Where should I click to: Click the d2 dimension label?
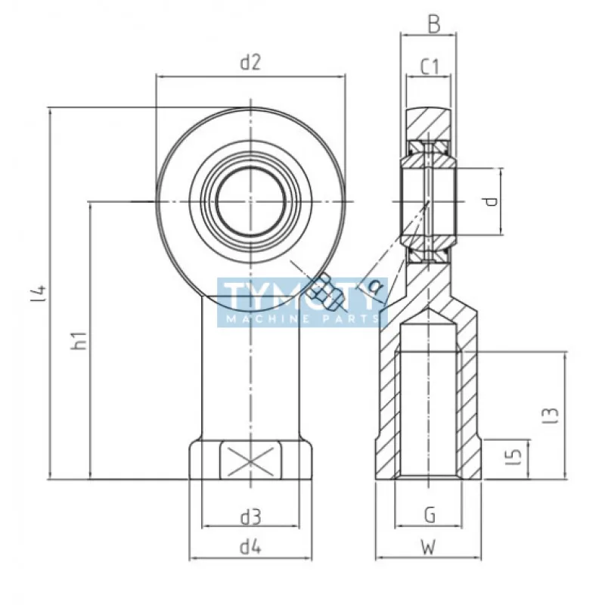[250, 64]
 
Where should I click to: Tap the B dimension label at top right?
[433, 25]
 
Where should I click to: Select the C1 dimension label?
[430, 67]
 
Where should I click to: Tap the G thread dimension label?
[429, 517]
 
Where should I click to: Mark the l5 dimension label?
[515, 456]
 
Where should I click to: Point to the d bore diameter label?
[492, 201]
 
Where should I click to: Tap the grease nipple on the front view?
[327, 293]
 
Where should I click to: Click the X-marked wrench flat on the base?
[250, 460]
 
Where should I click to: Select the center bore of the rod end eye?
[250, 201]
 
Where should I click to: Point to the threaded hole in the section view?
[429, 401]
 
